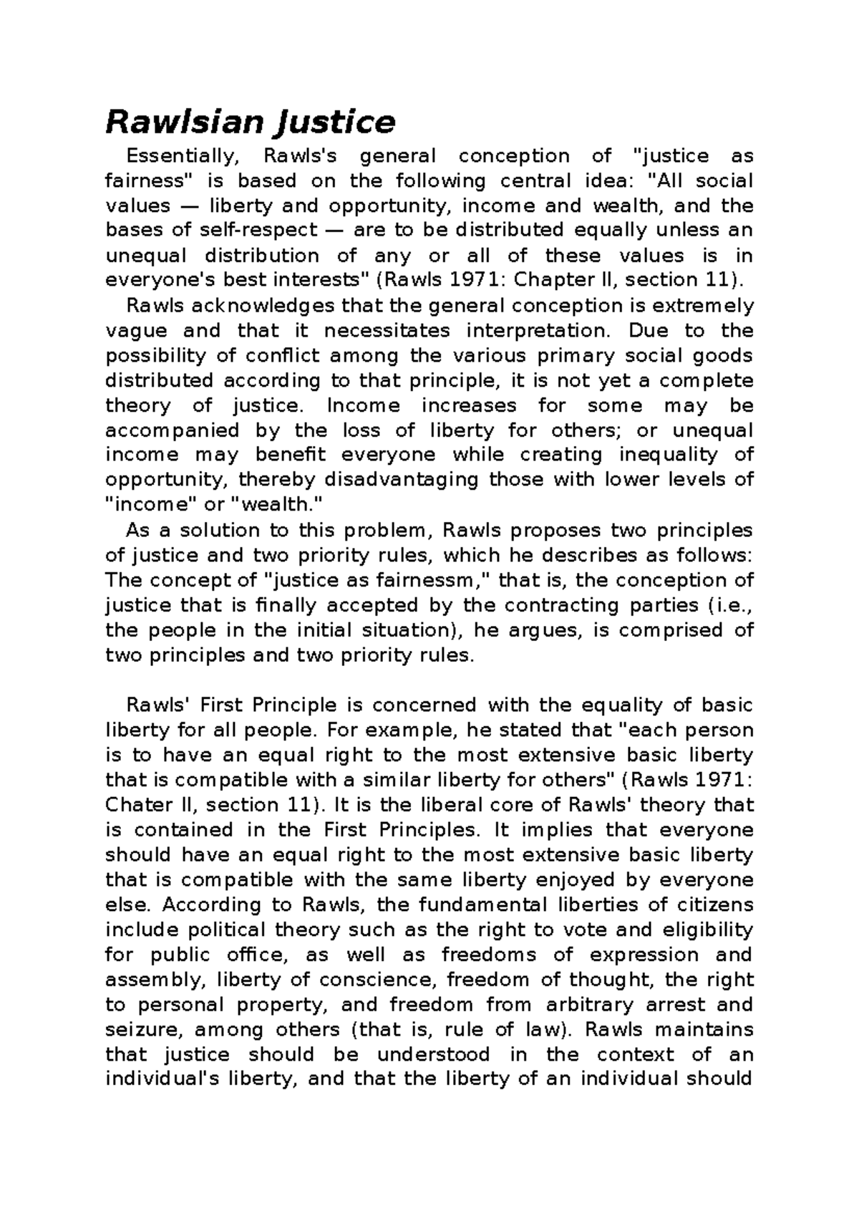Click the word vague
coord(136,331)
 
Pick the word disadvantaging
coord(401,480)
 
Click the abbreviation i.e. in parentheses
coord(732,605)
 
